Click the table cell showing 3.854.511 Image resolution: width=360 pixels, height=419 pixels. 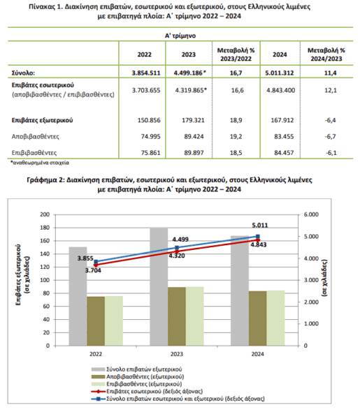pyautogui.click(x=146, y=73)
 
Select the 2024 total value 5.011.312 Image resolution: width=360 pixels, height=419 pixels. pyautogui.click(x=280, y=73)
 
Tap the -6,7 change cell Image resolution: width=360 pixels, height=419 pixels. pyautogui.click(x=331, y=137)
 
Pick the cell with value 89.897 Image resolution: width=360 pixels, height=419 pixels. pyautogui.click(x=194, y=153)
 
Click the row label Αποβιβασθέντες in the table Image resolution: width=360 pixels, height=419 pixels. pyautogui.click(x=36, y=137)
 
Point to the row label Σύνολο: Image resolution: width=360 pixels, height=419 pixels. pyautogui.click(x=23, y=73)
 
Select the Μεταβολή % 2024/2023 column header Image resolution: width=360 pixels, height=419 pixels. pyautogui.click(x=326, y=54)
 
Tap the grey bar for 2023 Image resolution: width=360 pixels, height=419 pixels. pyautogui.click(x=159, y=287)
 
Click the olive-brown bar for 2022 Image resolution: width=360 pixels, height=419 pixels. pyautogui.click(x=96, y=321)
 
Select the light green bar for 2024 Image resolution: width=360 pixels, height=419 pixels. pyautogui.click(x=275, y=318)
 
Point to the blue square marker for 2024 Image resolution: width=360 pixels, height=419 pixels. pyautogui.click(x=258, y=236)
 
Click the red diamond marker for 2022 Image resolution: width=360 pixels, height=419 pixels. pyautogui.click(x=96, y=265)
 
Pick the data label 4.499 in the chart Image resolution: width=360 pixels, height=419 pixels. pyautogui.click(x=180, y=240)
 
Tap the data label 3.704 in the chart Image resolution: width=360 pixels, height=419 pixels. pyautogui.click(x=93, y=270)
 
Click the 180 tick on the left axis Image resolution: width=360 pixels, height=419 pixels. pyautogui.click(x=45, y=228)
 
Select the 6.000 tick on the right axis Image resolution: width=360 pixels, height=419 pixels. pyautogui.click(x=311, y=214)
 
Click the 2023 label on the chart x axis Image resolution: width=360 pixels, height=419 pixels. pyautogui.click(x=177, y=354)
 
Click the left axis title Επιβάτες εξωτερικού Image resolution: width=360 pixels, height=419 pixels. pyautogui.click(x=18, y=275)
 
